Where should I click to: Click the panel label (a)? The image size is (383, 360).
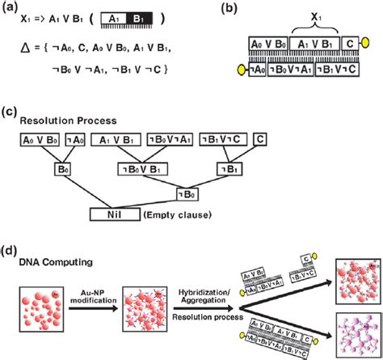[11, 7]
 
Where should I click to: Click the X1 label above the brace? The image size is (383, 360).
[306, 17]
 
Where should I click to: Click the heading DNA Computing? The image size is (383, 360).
[61, 261]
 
